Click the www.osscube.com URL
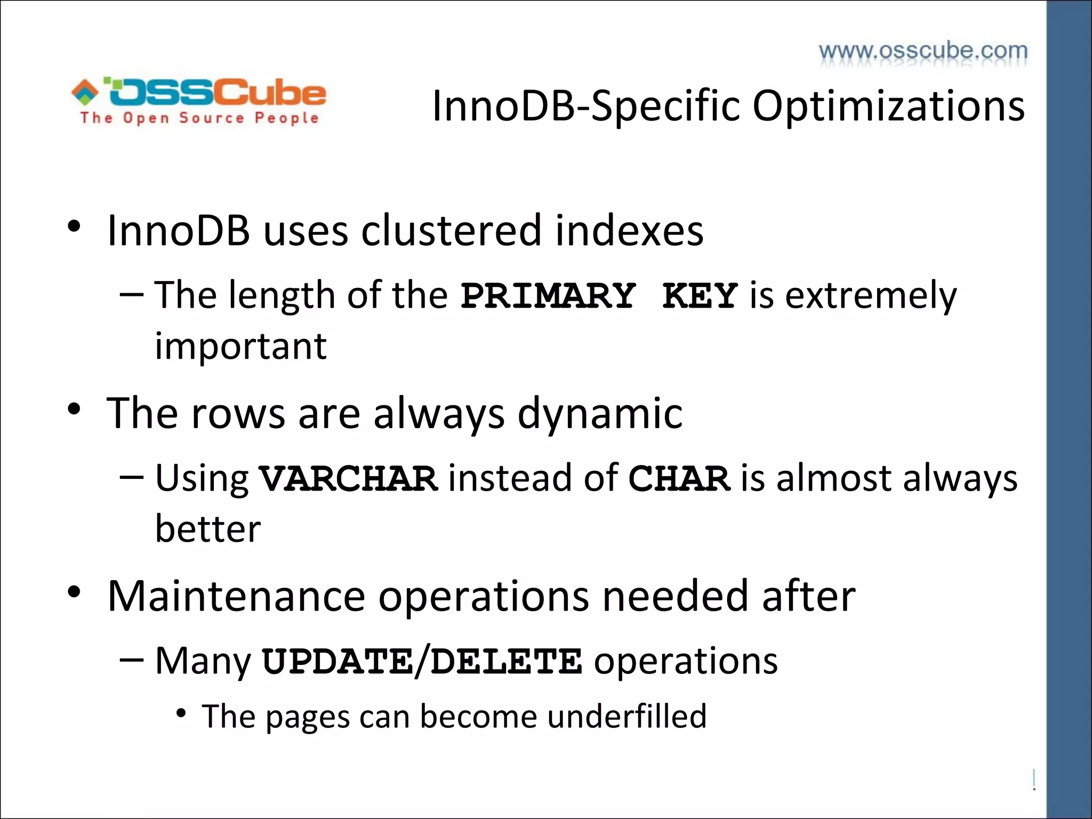point(923,51)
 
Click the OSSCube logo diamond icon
point(85,92)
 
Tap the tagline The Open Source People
point(199,118)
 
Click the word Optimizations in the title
point(888,106)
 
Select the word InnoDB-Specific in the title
point(586,106)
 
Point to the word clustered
point(451,230)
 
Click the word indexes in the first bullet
point(629,230)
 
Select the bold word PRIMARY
point(548,296)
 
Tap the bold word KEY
point(700,296)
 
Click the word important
point(240,347)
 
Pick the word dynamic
point(600,413)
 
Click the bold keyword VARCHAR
point(348,478)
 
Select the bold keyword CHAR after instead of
point(679,478)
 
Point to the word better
point(208,529)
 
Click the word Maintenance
point(236,596)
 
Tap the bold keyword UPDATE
point(338,662)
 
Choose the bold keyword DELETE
point(506,662)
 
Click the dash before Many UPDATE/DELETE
point(132,660)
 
